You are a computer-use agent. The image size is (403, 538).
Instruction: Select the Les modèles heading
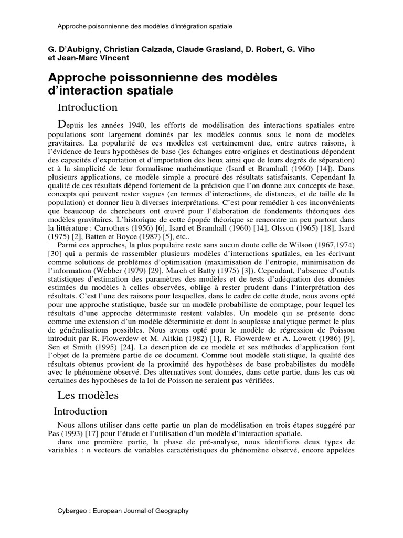point(88,395)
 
